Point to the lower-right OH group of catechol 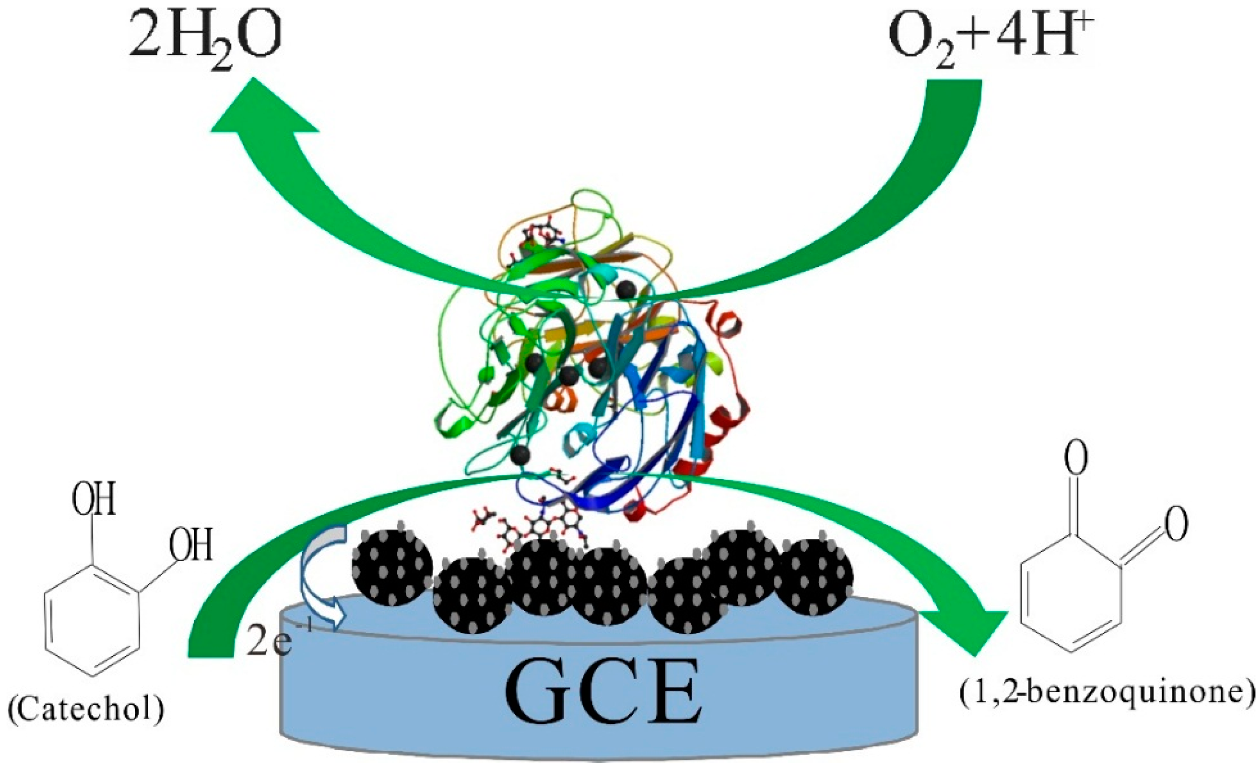(191, 545)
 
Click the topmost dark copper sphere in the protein (625, 290)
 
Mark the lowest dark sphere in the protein (520, 453)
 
